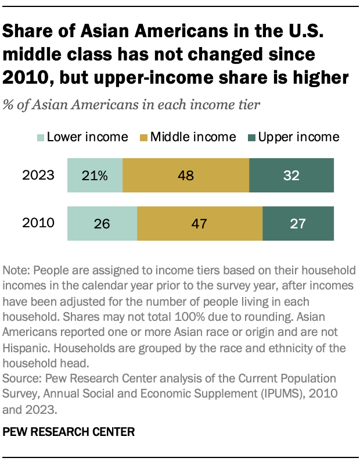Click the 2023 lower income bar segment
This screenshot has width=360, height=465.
95,175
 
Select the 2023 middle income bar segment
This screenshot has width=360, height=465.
186,175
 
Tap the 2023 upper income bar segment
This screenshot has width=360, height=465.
291,175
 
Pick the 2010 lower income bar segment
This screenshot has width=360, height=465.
102,223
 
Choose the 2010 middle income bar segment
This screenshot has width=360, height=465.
200,223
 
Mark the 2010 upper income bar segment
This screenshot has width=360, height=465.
298,223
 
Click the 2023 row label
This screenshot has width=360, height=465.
39,176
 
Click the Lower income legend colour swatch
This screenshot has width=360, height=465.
40,138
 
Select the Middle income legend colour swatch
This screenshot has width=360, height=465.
143,138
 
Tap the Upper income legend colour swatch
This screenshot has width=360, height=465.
251,138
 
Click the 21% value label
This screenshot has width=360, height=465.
95,176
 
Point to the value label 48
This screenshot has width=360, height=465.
186,176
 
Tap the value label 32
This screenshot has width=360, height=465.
291,176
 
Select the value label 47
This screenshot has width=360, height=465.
200,224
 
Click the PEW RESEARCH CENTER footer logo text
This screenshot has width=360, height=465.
69,432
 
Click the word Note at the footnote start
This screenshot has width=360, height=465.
15,271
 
